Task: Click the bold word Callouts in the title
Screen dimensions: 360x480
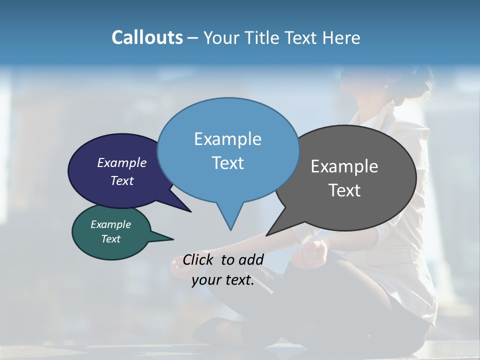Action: coord(147,37)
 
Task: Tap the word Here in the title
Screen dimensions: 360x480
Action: coord(341,38)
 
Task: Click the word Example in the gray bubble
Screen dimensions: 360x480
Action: coord(344,166)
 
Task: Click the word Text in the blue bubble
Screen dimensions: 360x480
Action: coord(227,163)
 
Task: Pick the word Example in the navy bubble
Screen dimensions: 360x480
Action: coord(122,162)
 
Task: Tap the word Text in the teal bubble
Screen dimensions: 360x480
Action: coord(111,239)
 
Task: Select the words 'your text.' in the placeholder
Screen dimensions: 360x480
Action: coord(223,280)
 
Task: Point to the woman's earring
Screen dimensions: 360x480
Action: coord(385,86)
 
